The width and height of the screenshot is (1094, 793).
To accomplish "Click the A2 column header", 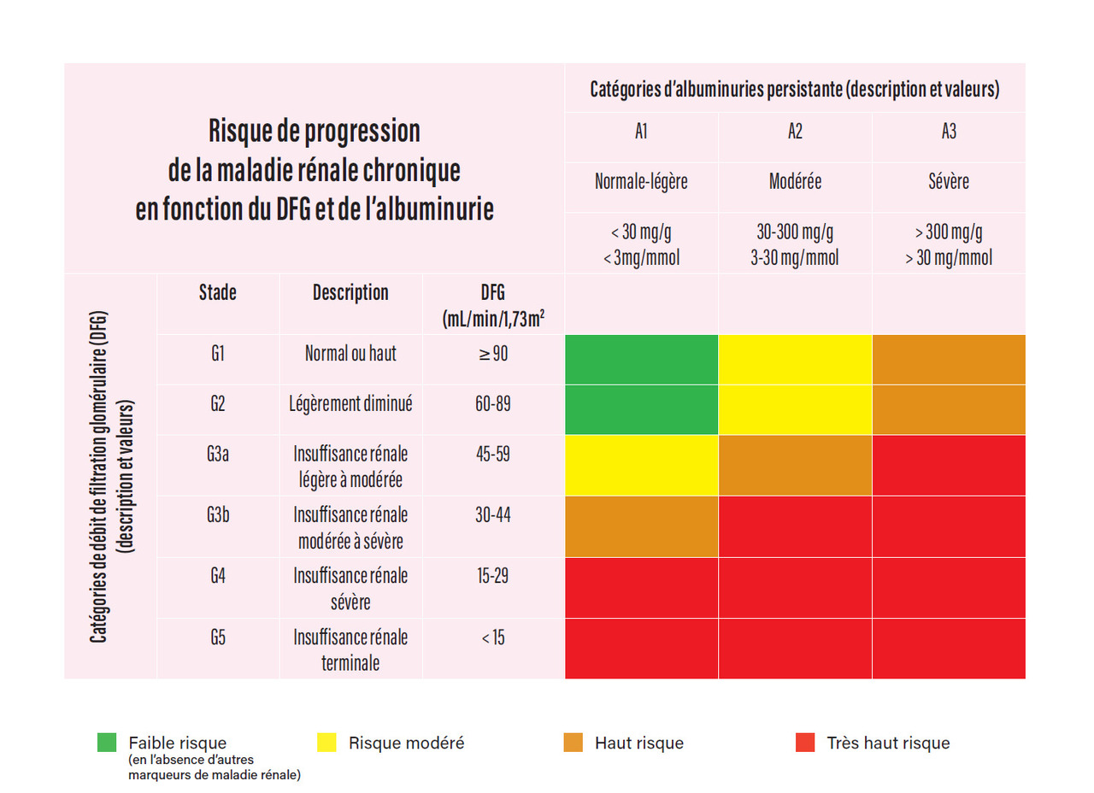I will [x=795, y=132].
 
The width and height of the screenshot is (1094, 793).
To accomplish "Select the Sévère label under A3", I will [x=949, y=182].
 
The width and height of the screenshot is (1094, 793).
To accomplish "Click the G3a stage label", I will [x=217, y=455].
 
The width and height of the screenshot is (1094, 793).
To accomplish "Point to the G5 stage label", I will [x=217, y=637].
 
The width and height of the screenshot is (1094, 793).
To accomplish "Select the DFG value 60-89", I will [x=493, y=404].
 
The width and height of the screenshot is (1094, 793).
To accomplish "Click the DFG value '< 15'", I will [x=493, y=637].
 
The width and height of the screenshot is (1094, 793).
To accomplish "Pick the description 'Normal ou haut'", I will [x=350, y=353].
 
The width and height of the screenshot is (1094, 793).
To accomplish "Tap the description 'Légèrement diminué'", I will [x=350, y=404].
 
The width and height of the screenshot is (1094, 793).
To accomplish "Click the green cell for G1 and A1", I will [x=641, y=360].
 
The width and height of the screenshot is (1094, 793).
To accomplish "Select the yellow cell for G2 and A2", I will [x=795, y=410].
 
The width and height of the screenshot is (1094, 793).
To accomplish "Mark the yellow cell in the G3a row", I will [x=641, y=465].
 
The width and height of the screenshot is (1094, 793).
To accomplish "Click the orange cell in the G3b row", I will [x=641, y=526].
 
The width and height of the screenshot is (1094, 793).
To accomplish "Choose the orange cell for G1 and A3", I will [x=949, y=360].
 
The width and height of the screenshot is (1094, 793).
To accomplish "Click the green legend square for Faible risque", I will [x=107, y=743].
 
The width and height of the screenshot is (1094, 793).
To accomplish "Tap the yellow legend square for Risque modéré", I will [x=326, y=743].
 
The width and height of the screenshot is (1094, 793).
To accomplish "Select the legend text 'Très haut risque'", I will [x=888, y=743].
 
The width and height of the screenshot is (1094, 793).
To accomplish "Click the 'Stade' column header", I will [x=217, y=293].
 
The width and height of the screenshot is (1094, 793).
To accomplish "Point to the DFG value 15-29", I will [x=493, y=575].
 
